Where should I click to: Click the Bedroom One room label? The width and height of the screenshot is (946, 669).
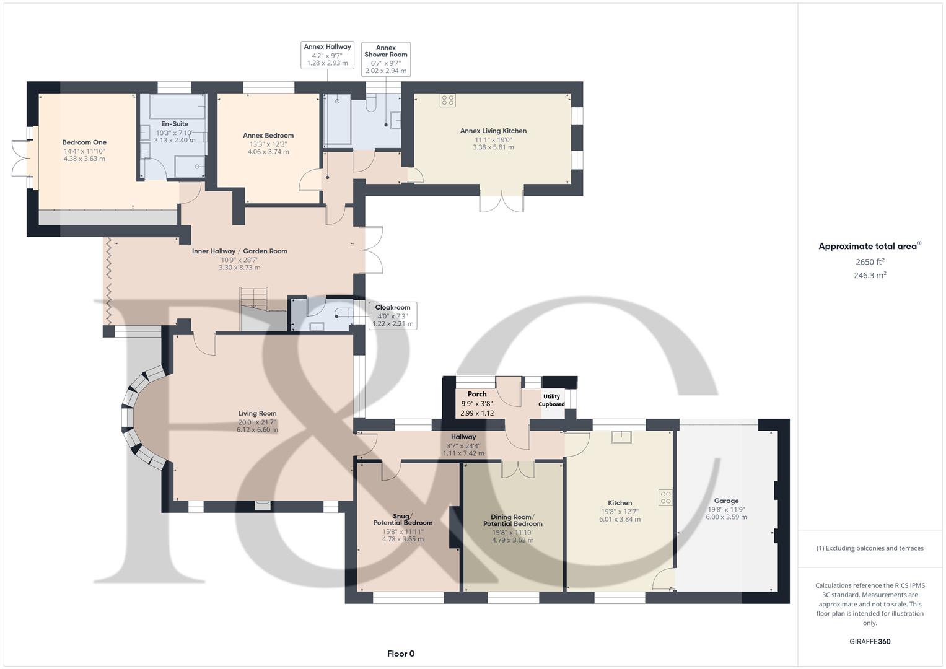pyautogui.click(x=84, y=142)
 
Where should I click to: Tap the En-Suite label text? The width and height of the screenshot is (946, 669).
pyautogui.click(x=174, y=124)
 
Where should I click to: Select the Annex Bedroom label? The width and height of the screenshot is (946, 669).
pyautogui.click(x=268, y=136)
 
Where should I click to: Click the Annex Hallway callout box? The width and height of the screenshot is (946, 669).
pyautogui.click(x=327, y=59)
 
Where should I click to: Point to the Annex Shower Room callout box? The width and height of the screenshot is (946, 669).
pyautogui.click(x=385, y=59)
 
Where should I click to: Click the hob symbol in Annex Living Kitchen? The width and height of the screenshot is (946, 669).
pyautogui.click(x=447, y=100)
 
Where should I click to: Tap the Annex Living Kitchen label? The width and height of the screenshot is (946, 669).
pyautogui.click(x=493, y=131)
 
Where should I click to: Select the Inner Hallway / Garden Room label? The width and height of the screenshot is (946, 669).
pyautogui.click(x=239, y=251)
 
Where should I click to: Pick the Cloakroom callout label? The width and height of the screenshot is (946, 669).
pyautogui.click(x=393, y=307)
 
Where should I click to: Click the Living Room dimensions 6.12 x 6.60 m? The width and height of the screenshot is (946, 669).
pyautogui.click(x=257, y=430)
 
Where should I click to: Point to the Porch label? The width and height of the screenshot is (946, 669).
pyautogui.click(x=477, y=394)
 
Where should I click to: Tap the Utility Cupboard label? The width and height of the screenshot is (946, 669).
pyautogui.click(x=551, y=400)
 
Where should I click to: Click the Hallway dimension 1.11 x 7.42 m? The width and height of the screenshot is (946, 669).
pyautogui.click(x=463, y=453)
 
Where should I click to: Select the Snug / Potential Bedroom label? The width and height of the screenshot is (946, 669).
pyautogui.click(x=403, y=519)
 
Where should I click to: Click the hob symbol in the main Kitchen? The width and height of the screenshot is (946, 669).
pyautogui.click(x=665, y=497)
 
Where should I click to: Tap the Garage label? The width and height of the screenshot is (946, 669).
pyautogui.click(x=726, y=501)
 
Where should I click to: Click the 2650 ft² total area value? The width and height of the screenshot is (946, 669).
pyautogui.click(x=870, y=262)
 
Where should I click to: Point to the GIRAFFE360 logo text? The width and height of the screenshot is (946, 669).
pyautogui.click(x=870, y=641)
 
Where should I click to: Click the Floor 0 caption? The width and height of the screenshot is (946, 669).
pyautogui.click(x=401, y=654)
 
